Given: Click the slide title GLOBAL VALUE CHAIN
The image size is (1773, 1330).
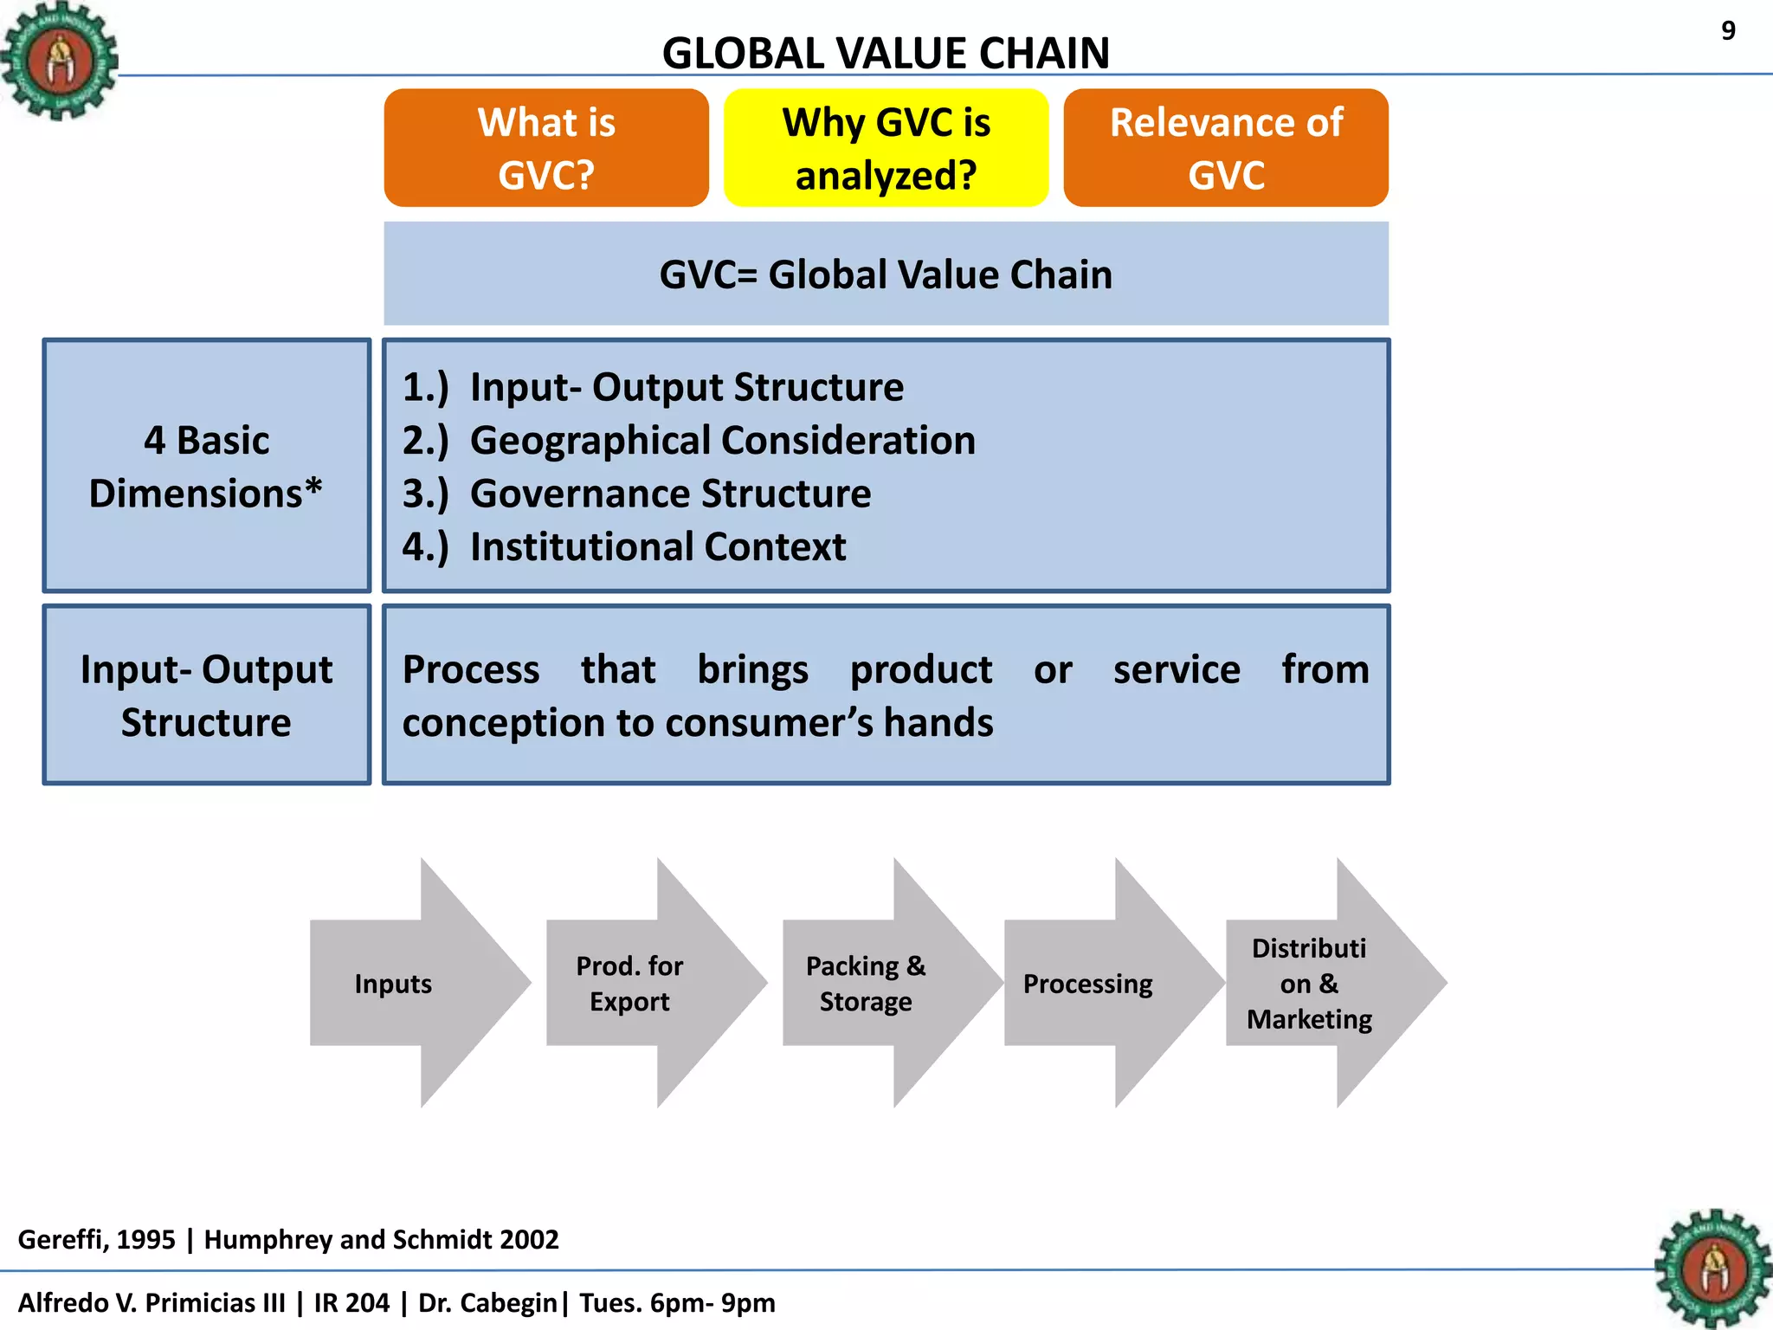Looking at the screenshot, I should point(886,54).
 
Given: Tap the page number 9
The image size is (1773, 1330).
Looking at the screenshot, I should point(1728,31).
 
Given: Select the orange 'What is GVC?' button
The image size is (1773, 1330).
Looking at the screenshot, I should point(546,148).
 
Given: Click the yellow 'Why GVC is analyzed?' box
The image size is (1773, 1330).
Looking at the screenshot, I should point(886,148).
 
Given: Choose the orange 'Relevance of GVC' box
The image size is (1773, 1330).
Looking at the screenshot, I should point(1226,148).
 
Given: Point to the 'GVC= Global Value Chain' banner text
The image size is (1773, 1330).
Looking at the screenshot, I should point(886,274).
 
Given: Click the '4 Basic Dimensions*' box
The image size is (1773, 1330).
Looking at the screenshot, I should point(206,466).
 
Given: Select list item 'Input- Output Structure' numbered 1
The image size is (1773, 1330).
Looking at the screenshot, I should point(686,387).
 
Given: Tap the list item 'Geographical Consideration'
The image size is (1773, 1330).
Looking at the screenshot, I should point(722,441).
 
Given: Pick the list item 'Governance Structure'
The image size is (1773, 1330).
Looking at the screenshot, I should point(670,494).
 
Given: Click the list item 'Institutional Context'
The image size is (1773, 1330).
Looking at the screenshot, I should point(658,547).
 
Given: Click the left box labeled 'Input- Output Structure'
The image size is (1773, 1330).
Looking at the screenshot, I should point(206,695).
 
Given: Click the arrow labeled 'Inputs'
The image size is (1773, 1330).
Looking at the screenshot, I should point(407,984).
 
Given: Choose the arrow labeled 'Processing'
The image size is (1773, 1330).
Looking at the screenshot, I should point(1095,984).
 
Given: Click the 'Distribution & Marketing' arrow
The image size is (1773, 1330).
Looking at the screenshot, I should point(1316,984).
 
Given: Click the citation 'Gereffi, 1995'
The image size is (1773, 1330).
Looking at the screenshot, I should point(96,1239).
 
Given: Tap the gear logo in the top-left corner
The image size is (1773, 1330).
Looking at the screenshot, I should point(59,61).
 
